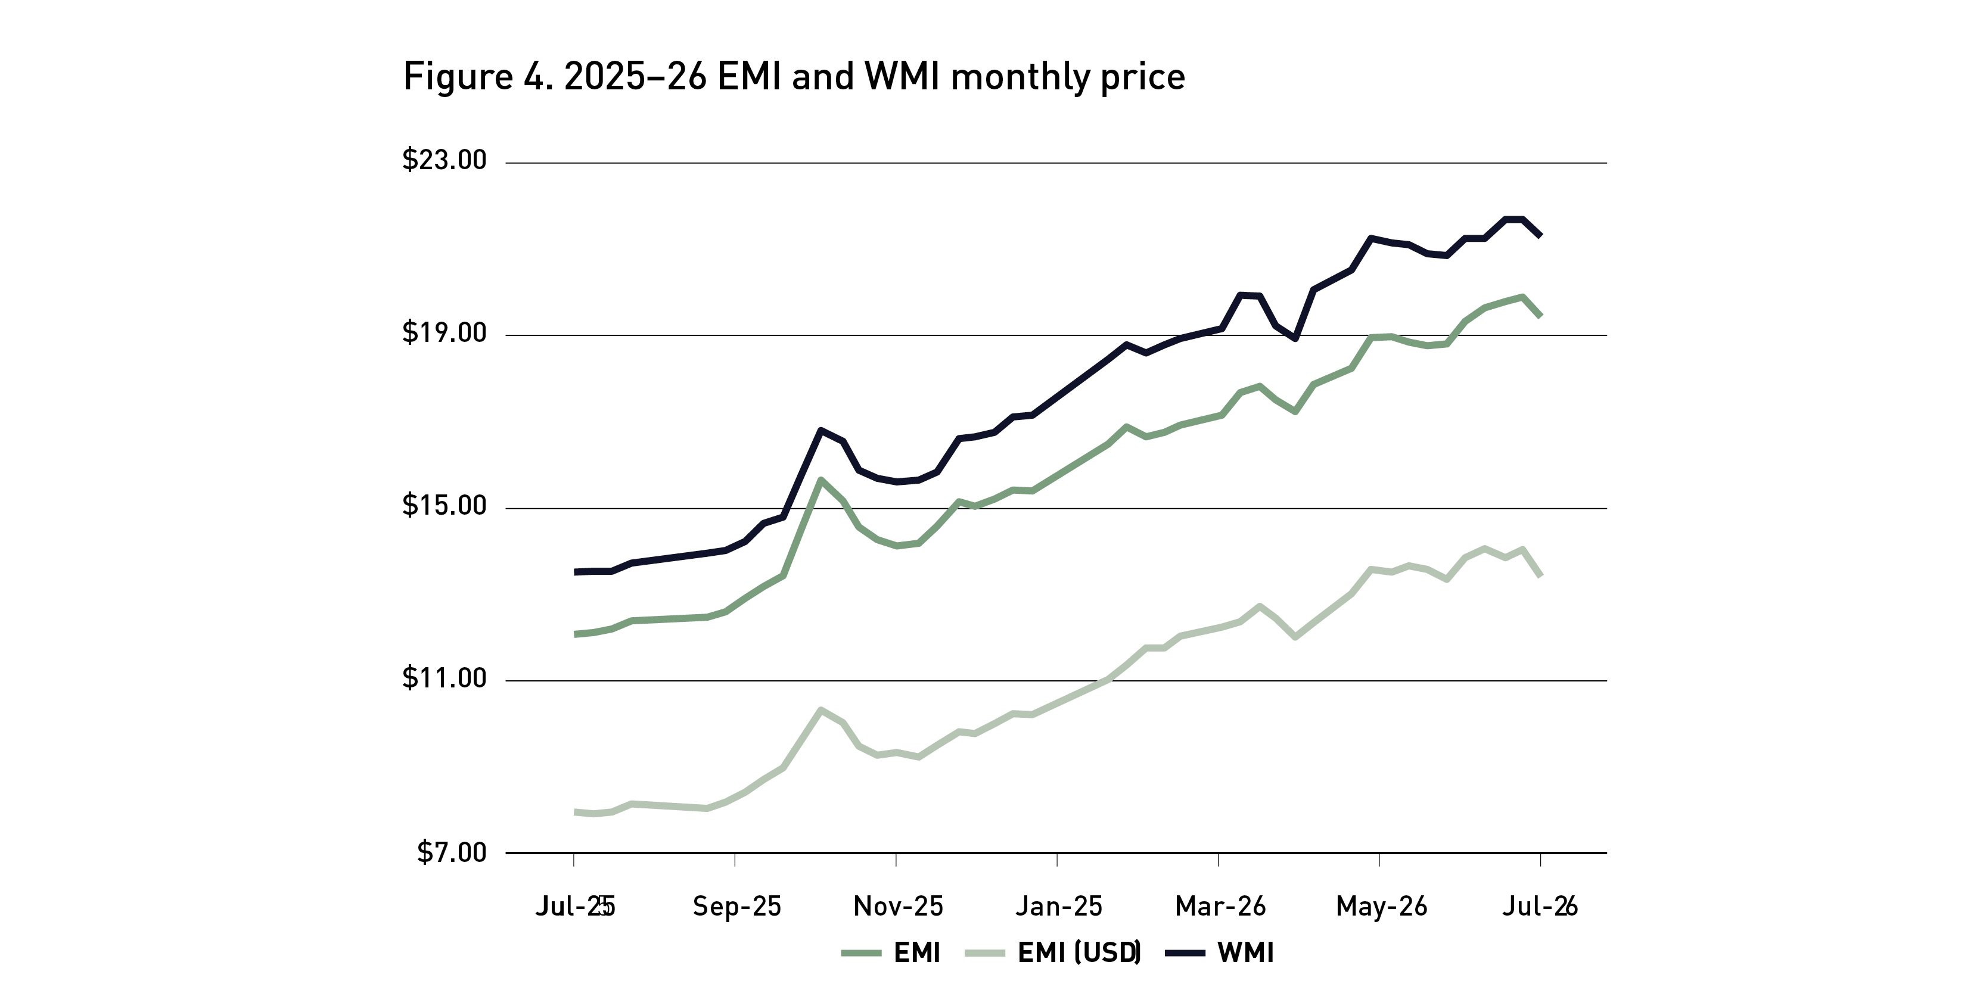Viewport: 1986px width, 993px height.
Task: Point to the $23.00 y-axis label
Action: click(x=444, y=160)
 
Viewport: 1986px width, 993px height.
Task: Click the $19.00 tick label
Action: click(x=444, y=332)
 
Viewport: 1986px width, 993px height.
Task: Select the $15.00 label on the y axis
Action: click(x=444, y=505)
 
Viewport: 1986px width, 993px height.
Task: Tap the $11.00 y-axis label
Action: click(x=444, y=678)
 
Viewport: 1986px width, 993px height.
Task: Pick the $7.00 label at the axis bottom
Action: click(x=452, y=852)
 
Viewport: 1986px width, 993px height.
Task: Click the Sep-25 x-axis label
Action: click(x=737, y=907)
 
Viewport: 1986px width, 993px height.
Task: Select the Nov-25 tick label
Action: click(x=898, y=907)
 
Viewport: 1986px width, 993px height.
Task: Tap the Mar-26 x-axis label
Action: click(x=1220, y=907)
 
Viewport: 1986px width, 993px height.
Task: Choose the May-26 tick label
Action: click(x=1382, y=907)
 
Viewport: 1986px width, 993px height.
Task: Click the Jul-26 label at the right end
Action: click(x=1540, y=907)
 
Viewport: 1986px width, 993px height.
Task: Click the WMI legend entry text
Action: click(x=1246, y=953)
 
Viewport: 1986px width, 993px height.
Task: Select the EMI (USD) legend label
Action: click(x=1079, y=953)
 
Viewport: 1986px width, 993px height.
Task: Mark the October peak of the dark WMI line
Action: click(x=820, y=429)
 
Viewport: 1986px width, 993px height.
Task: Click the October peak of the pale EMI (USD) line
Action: click(x=820, y=709)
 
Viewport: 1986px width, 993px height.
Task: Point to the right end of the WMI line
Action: click(x=1540, y=235)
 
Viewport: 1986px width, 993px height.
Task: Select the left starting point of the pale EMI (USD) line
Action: click(x=575, y=812)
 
